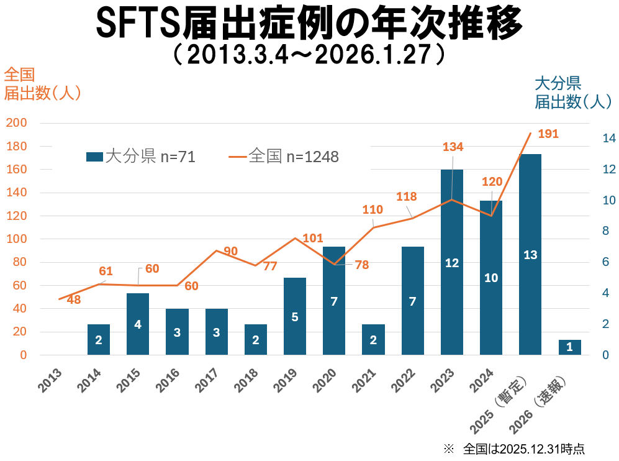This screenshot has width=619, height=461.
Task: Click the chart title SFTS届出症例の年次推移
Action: click(x=309, y=24)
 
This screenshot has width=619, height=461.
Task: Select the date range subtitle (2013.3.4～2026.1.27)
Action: click(x=309, y=55)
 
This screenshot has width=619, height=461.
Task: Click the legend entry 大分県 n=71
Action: click(x=141, y=157)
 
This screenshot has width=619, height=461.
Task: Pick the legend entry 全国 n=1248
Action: click(x=284, y=157)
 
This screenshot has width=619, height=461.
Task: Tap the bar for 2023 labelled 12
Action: click(x=452, y=262)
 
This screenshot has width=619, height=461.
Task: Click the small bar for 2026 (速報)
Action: click(x=569, y=347)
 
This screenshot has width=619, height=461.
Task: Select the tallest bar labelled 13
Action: click(x=530, y=254)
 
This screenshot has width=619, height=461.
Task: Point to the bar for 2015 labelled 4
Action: click(x=138, y=324)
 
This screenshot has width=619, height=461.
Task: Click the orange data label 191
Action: click(x=548, y=134)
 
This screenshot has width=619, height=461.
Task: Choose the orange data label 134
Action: click(x=453, y=147)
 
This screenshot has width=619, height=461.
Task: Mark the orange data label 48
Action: click(x=74, y=299)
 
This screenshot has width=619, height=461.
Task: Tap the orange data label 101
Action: click(x=314, y=238)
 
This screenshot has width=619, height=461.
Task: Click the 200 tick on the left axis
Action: click(x=16, y=123)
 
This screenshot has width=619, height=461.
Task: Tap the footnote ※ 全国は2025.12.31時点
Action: click(x=514, y=449)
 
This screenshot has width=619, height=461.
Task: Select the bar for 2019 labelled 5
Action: click(x=295, y=316)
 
